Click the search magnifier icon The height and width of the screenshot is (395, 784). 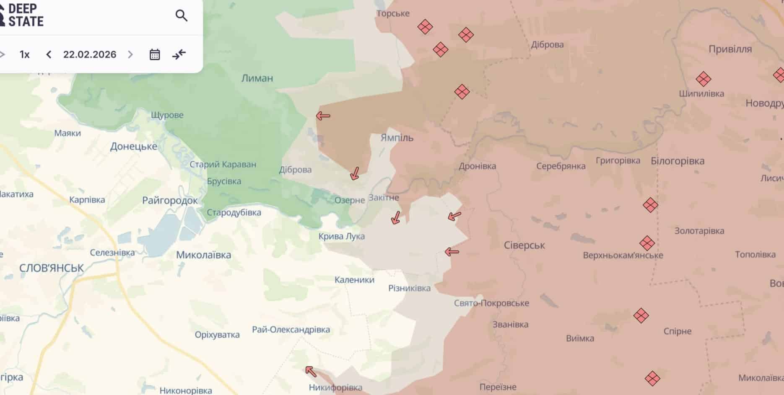[x=181, y=16]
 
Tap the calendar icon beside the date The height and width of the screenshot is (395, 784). [x=155, y=54]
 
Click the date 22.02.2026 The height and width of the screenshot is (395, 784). [x=90, y=54]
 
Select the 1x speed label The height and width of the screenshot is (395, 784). [x=25, y=54]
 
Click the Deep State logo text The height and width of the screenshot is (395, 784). [x=25, y=15]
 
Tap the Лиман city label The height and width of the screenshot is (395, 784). [x=257, y=78]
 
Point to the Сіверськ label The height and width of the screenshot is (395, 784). [x=524, y=245]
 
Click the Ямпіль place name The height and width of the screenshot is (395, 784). [x=397, y=137]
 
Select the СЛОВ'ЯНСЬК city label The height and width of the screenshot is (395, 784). [x=52, y=268]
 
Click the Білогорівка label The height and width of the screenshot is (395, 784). [x=677, y=161]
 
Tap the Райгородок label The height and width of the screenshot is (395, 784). [x=170, y=200]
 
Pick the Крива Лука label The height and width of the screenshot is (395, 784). [x=341, y=236]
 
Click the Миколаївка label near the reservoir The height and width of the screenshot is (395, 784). [x=203, y=255]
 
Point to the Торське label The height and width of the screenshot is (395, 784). [x=393, y=13]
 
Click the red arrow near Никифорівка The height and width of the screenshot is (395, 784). [x=311, y=371]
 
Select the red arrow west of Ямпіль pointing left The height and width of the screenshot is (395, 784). [x=323, y=116]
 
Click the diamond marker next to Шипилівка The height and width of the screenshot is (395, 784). [x=703, y=79]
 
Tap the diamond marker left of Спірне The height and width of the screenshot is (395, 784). [x=641, y=315]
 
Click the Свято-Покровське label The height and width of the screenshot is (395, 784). [x=491, y=303]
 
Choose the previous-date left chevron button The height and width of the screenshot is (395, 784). [x=49, y=54]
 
